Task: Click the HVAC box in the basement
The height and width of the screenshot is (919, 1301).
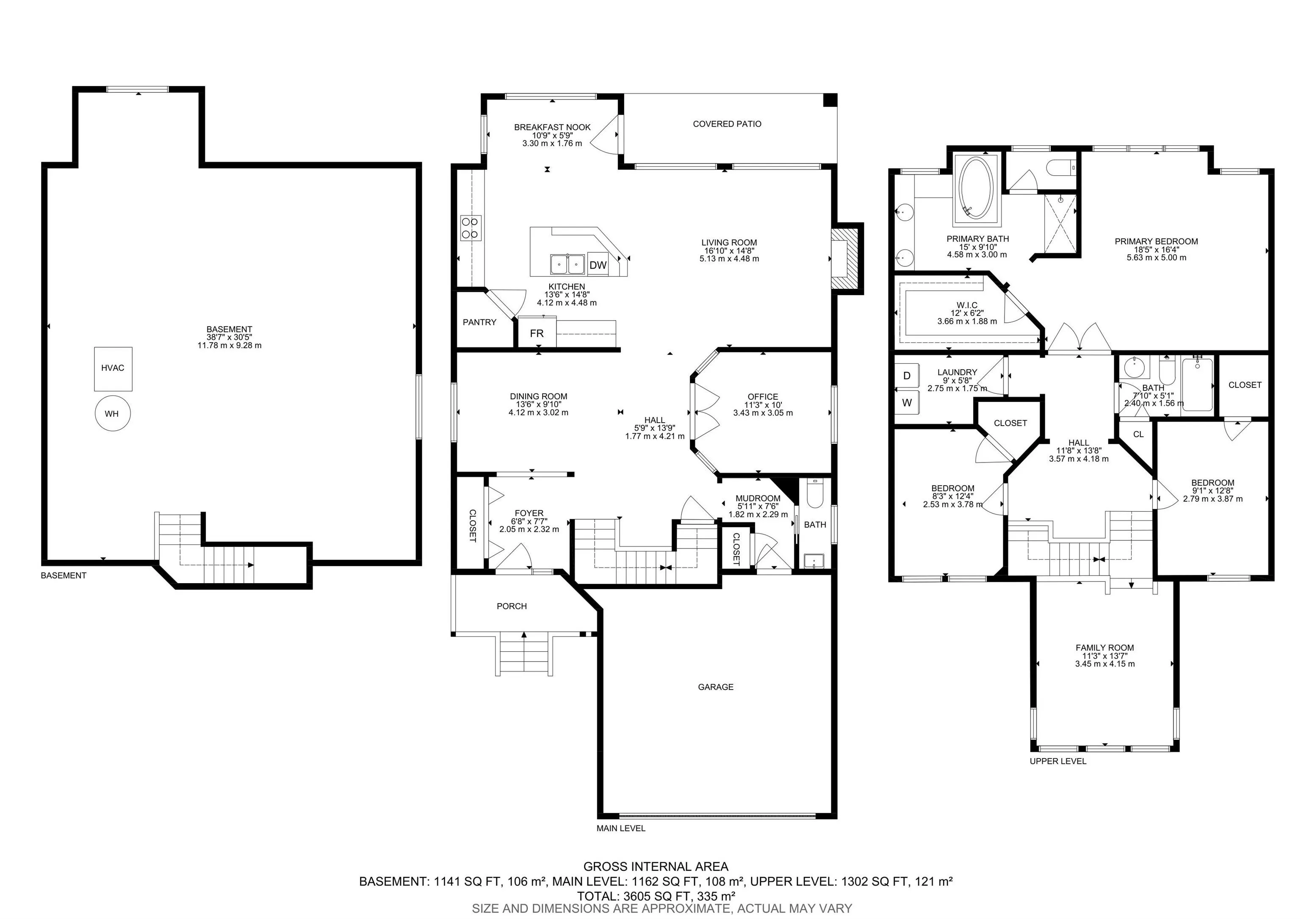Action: pyautogui.click(x=113, y=369)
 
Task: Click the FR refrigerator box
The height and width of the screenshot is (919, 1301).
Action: pyautogui.click(x=537, y=334)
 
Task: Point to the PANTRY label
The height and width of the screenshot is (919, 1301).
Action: pyautogui.click(x=479, y=322)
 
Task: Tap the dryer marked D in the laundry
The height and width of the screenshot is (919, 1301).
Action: pyautogui.click(x=907, y=376)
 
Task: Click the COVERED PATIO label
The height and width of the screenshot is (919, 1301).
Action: pyautogui.click(x=727, y=124)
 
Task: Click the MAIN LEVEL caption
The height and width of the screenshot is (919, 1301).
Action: pyautogui.click(x=620, y=828)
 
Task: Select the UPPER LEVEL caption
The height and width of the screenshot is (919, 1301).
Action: pyautogui.click(x=1058, y=761)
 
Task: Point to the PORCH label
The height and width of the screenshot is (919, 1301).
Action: pyautogui.click(x=512, y=606)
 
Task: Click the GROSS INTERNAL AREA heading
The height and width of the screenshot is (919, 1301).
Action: pyautogui.click(x=656, y=867)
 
